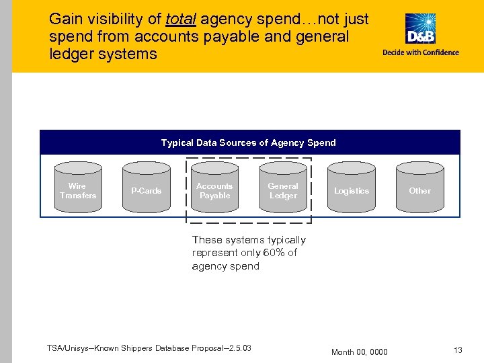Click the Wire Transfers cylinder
(78, 190)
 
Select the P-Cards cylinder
(146, 190)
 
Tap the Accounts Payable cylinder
(214, 190)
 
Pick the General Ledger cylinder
(283, 190)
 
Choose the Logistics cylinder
(352, 190)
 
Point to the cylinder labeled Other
(420, 190)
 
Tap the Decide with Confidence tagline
(421, 52)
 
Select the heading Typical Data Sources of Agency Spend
(248, 143)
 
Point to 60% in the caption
(273, 253)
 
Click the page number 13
(458, 350)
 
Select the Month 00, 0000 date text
(360, 352)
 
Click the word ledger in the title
(71, 54)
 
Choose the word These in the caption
(206, 239)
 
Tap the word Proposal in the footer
(209, 348)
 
